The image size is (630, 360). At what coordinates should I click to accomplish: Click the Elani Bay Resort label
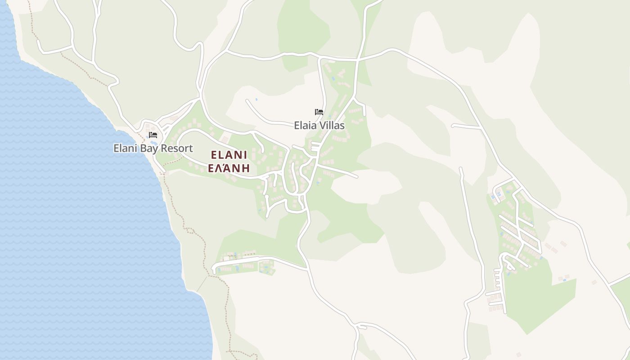click(153, 148)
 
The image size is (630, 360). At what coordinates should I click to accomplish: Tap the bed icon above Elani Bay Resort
click(153, 135)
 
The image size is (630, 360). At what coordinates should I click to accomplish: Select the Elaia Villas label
click(319, 126)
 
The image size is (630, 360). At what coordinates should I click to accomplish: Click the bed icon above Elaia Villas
click(319, 112)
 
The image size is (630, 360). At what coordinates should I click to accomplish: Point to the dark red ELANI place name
click(229, 155)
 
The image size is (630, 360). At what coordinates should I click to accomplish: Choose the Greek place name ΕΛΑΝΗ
click(229, 169)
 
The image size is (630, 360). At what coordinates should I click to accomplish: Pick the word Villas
click(332, 126)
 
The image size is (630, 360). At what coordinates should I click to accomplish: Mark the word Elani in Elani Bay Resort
click(126, 148)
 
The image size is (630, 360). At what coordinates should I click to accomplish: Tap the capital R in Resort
click(169, 148)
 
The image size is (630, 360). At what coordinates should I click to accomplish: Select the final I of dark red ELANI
click(245, 155)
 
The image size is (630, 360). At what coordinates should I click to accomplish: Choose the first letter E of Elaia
click(297, 126)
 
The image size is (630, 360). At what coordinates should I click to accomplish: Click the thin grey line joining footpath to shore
click(202, 284)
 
